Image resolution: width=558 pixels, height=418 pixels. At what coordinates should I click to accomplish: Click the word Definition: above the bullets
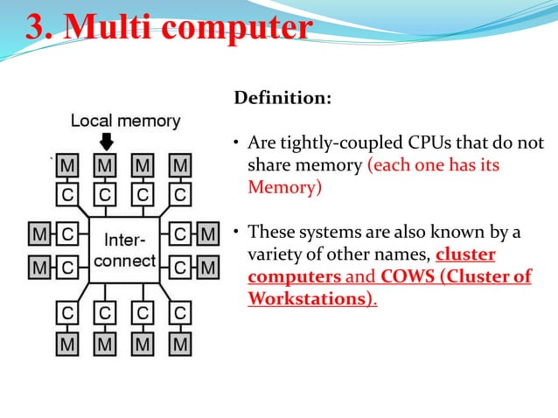282,98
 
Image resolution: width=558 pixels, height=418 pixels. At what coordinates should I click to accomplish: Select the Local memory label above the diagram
125,121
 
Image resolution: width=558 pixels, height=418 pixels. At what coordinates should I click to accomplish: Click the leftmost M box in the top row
68,165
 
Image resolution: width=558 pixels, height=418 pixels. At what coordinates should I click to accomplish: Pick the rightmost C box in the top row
180,192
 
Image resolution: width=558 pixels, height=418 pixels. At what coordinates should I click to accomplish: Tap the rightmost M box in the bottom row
180,345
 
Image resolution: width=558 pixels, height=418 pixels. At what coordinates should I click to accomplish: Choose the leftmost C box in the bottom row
68,313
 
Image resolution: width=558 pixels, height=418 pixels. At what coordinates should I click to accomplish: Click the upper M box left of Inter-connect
39,234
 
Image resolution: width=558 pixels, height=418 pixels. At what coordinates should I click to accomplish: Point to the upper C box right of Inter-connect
180,234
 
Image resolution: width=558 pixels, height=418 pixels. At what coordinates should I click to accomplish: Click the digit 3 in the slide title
37,27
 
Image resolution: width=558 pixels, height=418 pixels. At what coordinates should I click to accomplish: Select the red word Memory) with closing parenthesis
285,187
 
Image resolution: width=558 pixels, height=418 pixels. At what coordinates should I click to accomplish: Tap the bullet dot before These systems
236,233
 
